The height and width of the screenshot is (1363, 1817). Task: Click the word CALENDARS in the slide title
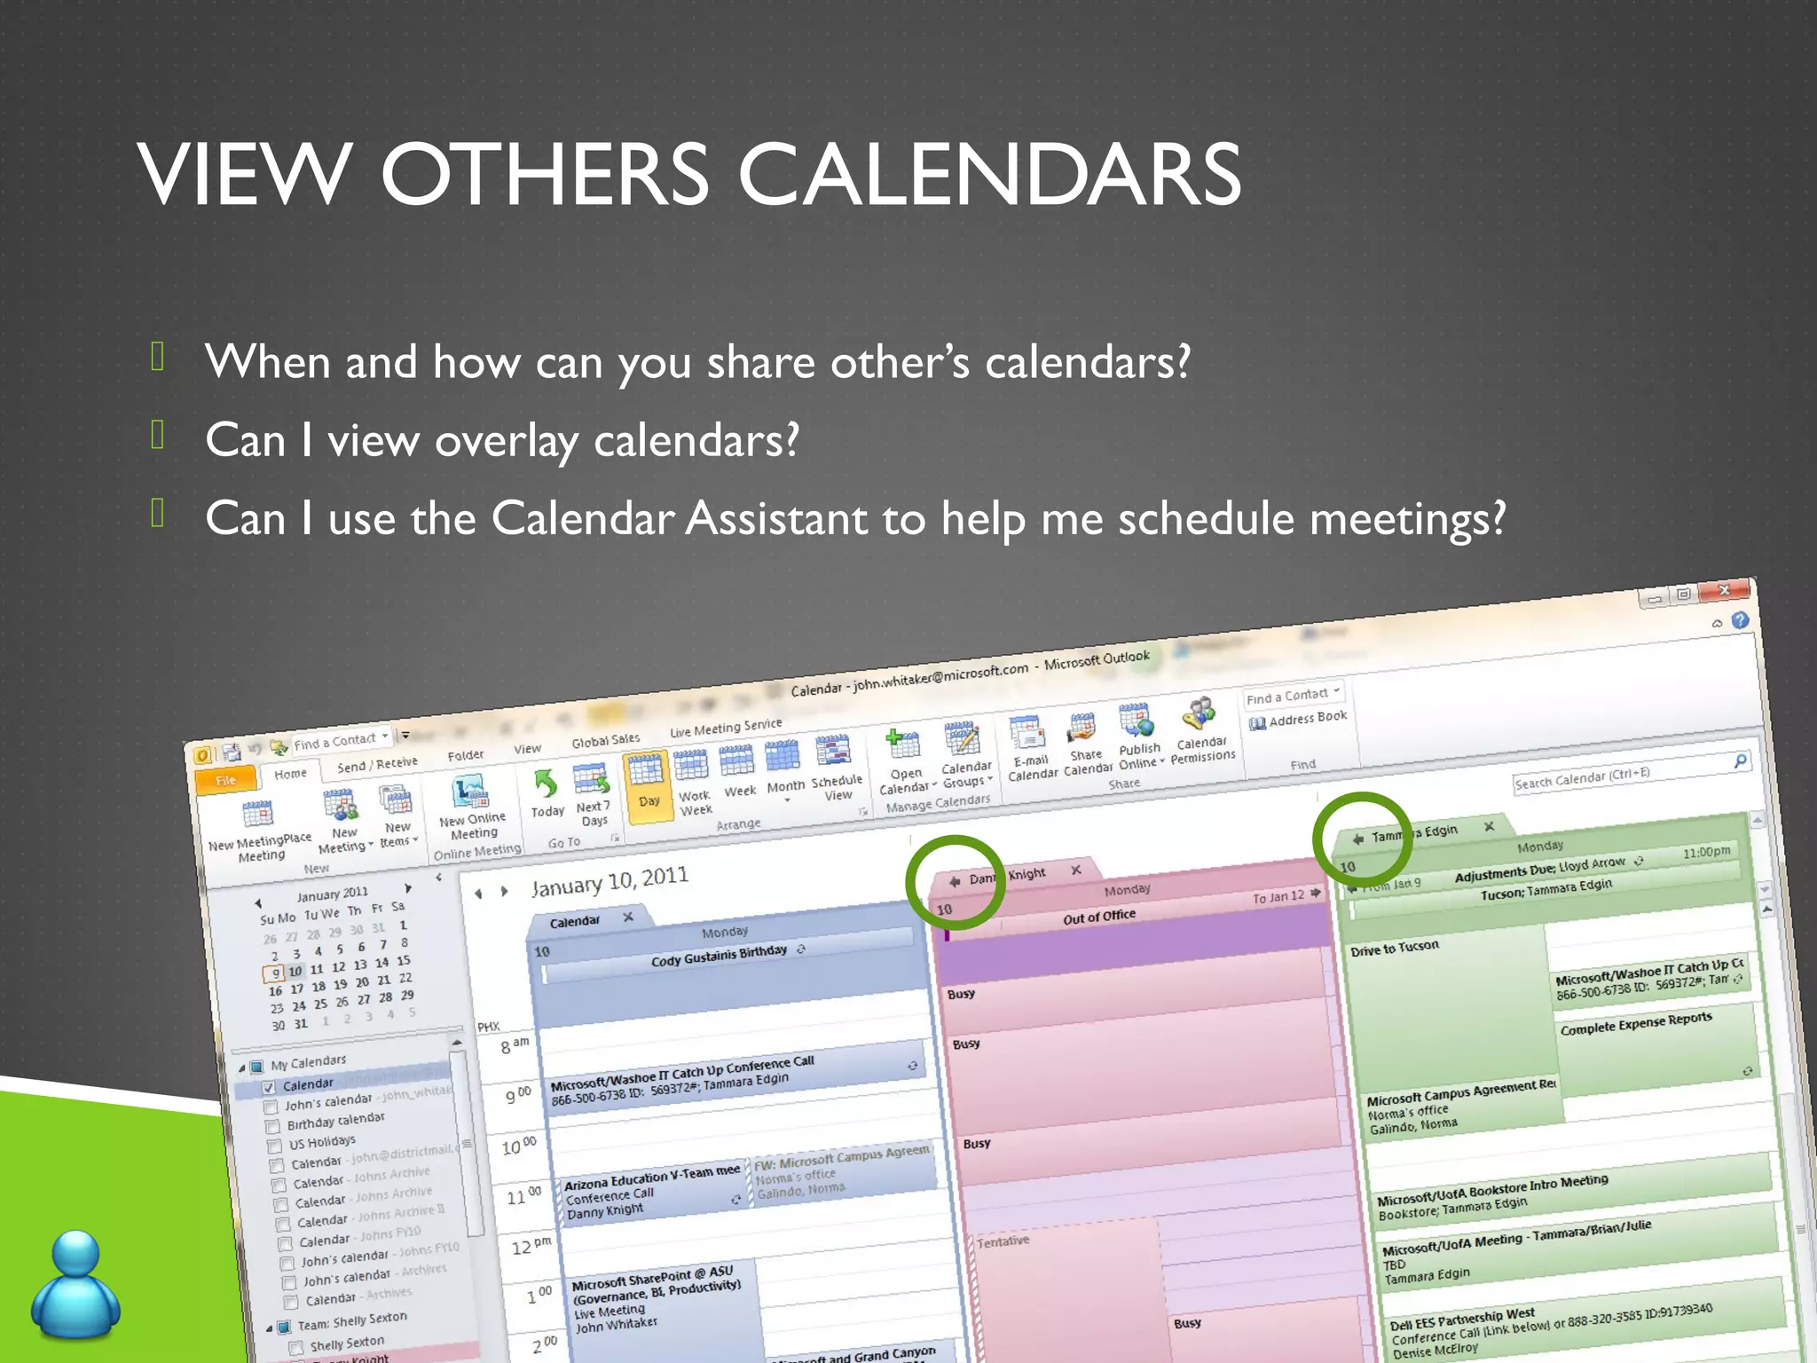point(988,175)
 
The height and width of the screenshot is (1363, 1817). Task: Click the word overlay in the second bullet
point(506,441)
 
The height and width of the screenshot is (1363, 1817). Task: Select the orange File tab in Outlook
point(225,780)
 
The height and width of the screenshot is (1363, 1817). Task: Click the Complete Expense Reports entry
point(1635,1023)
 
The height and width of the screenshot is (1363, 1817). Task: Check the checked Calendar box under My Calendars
point(269,1087)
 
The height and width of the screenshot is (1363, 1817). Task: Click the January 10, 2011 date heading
point(610,882)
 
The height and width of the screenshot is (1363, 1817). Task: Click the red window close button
point(1723,591)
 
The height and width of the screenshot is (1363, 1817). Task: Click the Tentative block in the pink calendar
point(1003,1241)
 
